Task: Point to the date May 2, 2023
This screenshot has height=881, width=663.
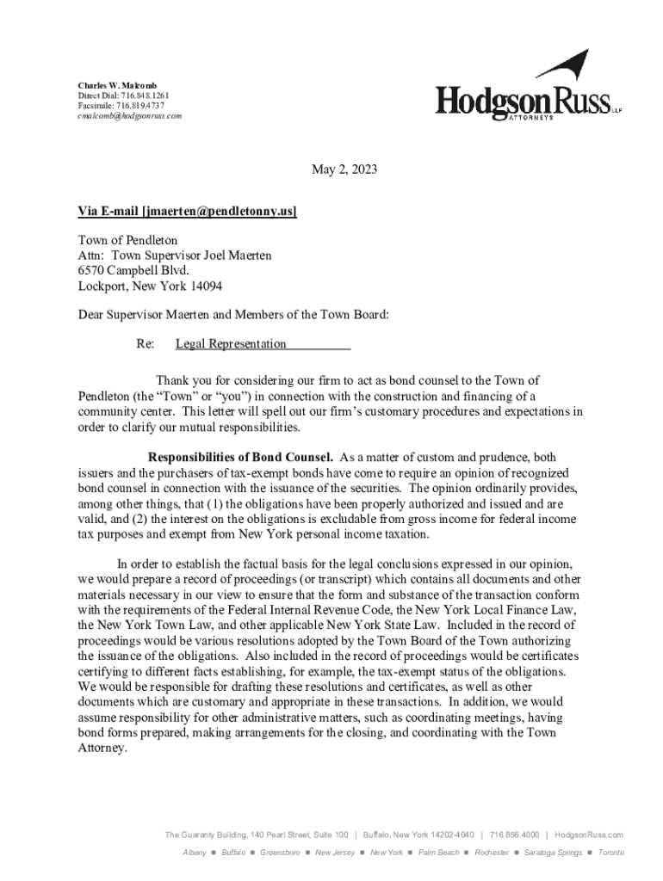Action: pos(344,170)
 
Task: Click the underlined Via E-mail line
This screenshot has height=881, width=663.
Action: pos(187,212)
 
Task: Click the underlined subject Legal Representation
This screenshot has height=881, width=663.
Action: pos(231,344)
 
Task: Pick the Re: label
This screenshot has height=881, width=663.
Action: pos(146,344)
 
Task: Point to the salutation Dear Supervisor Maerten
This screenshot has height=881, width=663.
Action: pos(161,315)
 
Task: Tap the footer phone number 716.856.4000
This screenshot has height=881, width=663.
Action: pos(515,835)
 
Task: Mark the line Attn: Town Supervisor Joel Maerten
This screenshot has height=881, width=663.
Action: pos(175,256)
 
